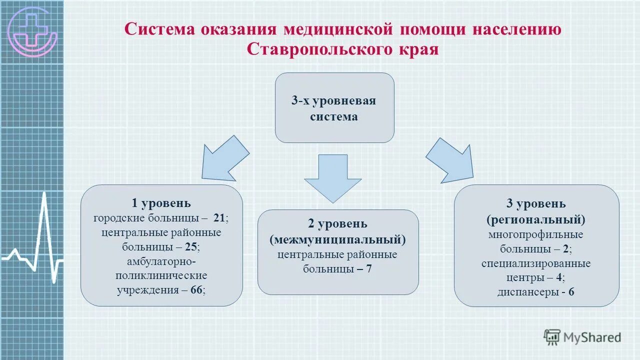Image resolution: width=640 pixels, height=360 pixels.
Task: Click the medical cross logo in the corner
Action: click(x=32, y=31)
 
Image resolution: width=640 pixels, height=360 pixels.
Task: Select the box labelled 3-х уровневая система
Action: click(x=334, y=108)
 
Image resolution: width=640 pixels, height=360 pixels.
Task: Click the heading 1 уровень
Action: click(x=161, y=203)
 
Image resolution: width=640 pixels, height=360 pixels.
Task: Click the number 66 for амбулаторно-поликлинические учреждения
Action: click(x=197, y=290)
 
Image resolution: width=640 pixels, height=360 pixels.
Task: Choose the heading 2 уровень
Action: click(x=337, y=223)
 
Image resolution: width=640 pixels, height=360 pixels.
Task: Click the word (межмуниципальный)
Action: click(x=337, y=239)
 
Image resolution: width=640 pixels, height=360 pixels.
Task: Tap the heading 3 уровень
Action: click(x=536, y=203)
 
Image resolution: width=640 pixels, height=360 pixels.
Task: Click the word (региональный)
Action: click(x=536, y=219)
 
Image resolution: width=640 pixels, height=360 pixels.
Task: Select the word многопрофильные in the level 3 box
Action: click(x=536, y=234)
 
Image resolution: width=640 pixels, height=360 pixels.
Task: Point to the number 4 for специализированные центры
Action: click(x=561, y=277)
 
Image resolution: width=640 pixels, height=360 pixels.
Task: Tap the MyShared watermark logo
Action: click(x=582, y=337)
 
